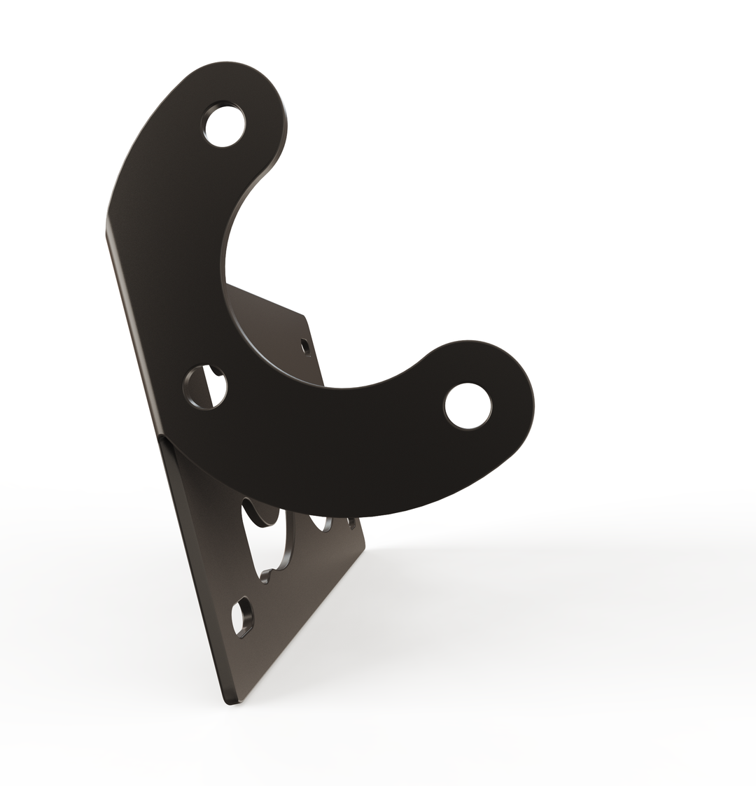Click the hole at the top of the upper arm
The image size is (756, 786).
[x=224, y=125]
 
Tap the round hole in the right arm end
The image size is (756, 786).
[x=468, y=406]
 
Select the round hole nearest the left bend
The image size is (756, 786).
[x=205, y=387]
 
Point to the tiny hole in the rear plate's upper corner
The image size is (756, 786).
[x=304, y=345]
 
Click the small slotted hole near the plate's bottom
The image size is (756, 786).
[x=243, y=617]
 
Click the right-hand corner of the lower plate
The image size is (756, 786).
[x=364, y=547]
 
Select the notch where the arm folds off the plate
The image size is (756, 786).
[x=163, y=437]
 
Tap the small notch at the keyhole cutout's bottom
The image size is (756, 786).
[x=265, y=577]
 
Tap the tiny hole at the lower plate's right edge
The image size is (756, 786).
[x=351, y=523]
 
